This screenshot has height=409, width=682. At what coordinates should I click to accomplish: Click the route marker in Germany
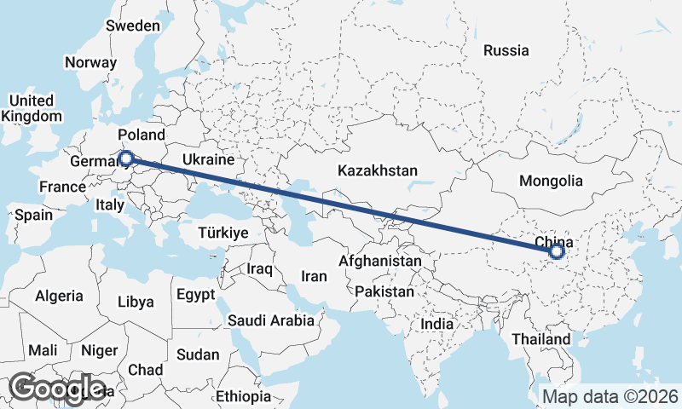[x=126, y=158]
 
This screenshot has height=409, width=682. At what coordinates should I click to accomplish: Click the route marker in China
[x=557, y=251]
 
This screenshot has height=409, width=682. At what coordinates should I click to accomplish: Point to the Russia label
[x=506, y=50]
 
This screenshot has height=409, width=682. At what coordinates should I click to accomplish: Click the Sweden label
[x=132, y=26]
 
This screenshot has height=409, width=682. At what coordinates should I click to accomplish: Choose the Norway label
[x=90, y=62]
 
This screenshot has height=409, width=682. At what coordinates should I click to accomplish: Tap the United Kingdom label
[x=32, y=108]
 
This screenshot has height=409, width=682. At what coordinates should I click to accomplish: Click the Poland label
[x=142, y=135]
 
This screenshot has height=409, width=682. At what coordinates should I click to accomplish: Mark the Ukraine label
[x=208, y=159]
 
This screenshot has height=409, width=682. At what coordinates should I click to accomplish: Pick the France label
[x=62, y=187]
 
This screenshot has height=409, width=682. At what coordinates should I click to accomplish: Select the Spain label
[x=33, y=215]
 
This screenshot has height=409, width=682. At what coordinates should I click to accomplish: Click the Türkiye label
[x=223, y=233]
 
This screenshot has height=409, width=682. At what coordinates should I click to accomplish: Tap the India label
[x=437, y=324]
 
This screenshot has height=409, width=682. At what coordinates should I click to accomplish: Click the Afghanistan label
[x=380, y=261]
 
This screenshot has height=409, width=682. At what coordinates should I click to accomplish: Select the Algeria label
[x=59, y=297]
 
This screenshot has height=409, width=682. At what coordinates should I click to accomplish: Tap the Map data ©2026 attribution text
[x=610, y=396]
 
